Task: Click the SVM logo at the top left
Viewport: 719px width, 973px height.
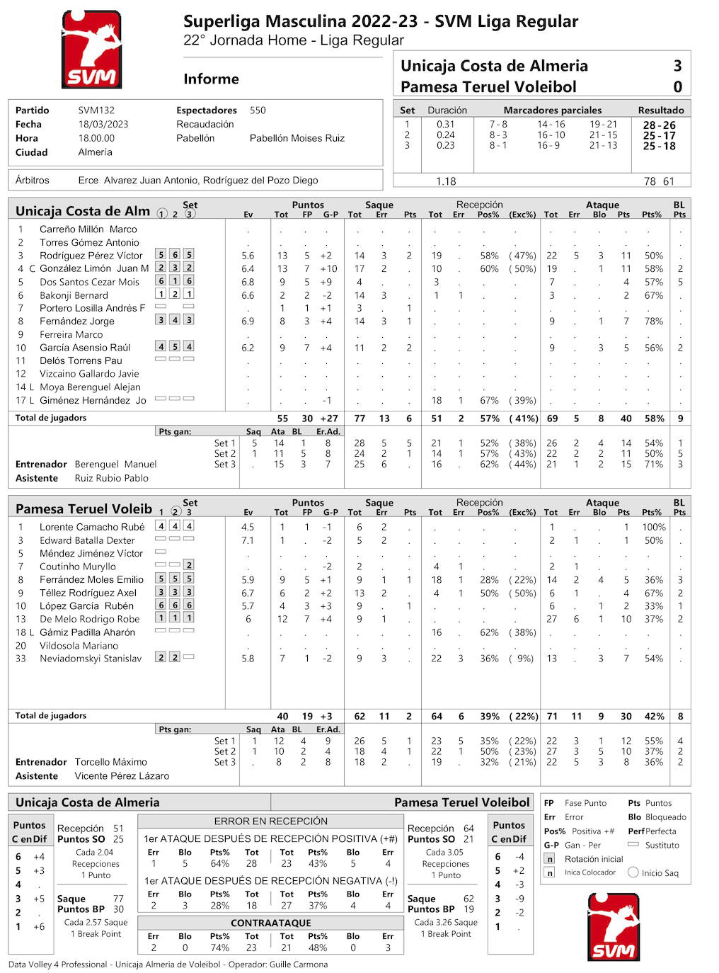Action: click(91, 49)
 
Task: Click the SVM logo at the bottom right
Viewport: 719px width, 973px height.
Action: click(613, 926)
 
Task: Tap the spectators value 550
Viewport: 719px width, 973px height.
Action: click(258, 110)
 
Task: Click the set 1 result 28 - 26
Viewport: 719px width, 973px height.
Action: click(659, 125)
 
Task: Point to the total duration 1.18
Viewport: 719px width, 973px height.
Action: click(446, 181)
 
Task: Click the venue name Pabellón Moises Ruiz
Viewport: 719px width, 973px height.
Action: click(297, 138)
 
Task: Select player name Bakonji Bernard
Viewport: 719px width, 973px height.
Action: click(74, 295)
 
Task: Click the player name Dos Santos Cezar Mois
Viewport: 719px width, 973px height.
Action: click(89, 282)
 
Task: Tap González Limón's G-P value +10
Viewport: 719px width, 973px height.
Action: click(328, 269)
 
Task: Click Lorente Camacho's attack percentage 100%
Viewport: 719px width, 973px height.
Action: click(653, 528)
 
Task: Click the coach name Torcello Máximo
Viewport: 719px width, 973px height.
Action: click(111, 762)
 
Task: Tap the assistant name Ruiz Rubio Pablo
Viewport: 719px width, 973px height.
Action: click(112, 478)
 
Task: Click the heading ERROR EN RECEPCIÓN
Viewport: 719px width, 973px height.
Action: click(271, 821)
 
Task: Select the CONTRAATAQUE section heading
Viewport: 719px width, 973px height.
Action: click(271, 923)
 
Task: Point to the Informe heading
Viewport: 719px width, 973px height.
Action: click(211, 79)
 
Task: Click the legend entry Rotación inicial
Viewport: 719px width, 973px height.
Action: click(594, 859)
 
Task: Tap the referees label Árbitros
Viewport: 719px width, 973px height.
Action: click(33, 181)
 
